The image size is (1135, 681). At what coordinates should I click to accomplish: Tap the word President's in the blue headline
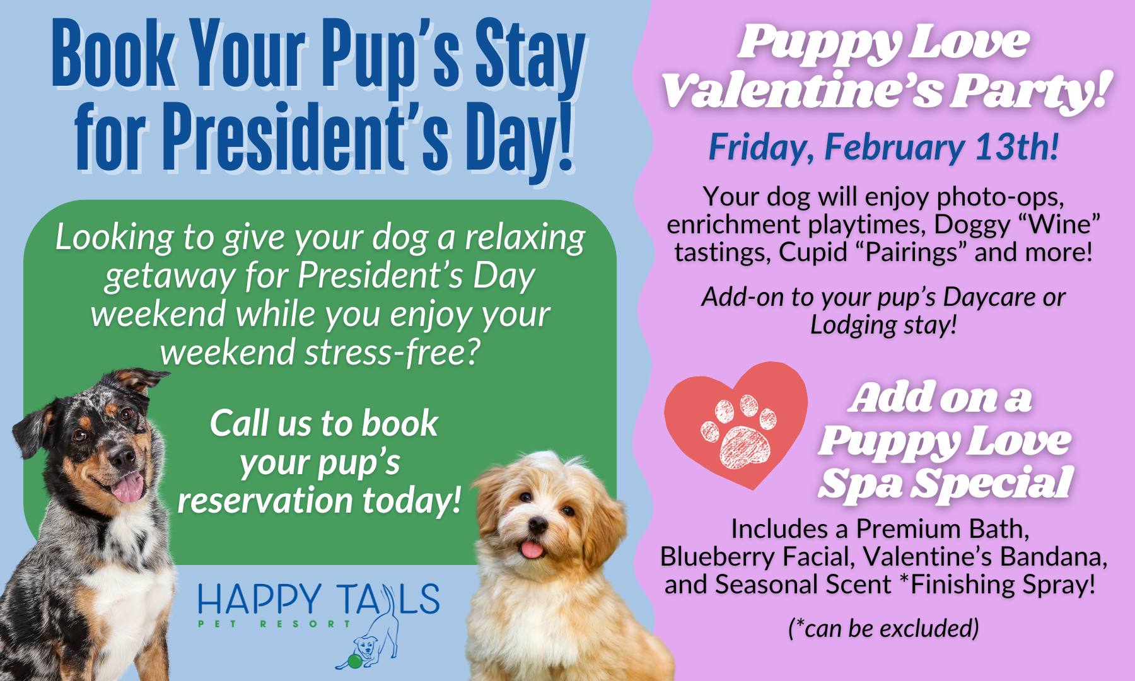tap(306, 137)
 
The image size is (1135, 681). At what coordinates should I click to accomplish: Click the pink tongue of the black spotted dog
tap(129, 487)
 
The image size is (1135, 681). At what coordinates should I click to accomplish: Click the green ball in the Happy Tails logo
tap(355, 661)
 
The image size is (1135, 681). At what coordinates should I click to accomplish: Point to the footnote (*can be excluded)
tap(883, 628)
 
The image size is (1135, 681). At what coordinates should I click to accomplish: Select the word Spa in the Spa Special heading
tap(861, 484)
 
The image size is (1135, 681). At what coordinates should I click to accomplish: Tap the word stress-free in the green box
tap(392, 352)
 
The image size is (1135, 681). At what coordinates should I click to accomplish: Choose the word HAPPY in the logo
tap(260, 600)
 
